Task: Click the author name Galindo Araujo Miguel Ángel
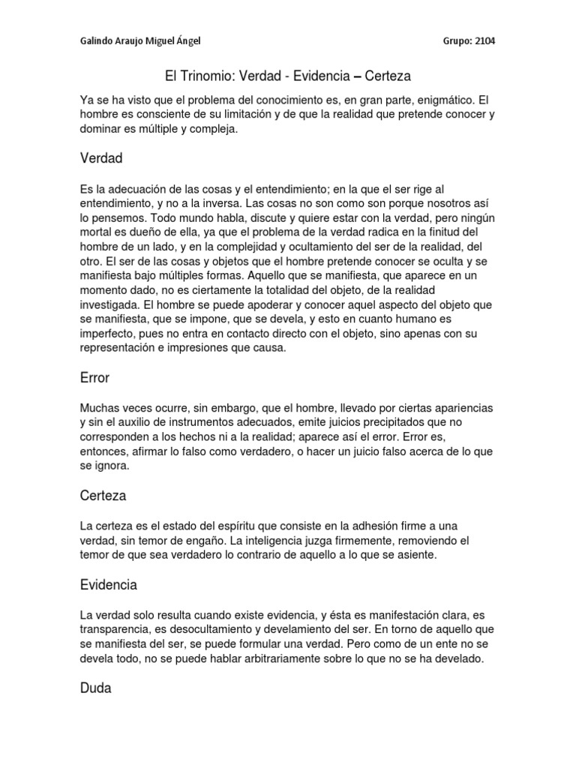(140, 41)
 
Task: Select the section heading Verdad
(100, 158)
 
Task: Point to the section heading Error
(94, 379)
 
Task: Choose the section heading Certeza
(103, 496)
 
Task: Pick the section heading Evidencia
(108, 584)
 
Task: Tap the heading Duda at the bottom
(95, 687)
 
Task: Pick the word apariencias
(460, 407)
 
